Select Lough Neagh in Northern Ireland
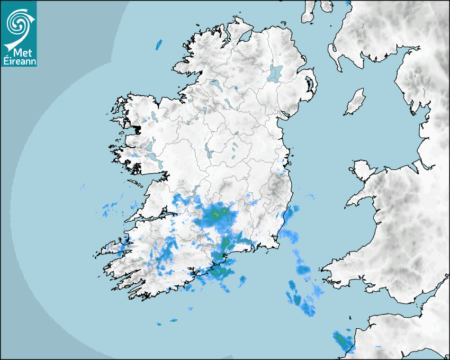275,73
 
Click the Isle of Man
355,102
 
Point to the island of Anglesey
363,169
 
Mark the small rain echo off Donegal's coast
159,44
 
